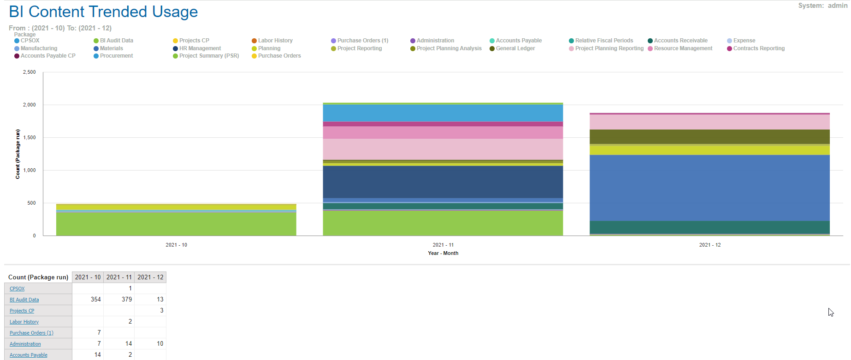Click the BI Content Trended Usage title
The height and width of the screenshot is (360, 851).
[103, 12]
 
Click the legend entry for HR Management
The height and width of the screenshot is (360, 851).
[200, 48]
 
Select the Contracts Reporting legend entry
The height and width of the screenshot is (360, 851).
[758, 48]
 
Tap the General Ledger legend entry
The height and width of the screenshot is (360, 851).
[515, 48]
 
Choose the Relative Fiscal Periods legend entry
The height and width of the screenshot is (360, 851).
[603, 41]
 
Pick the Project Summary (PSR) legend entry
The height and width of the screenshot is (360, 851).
[209, 56]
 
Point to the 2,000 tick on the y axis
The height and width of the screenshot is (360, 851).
[30, 105]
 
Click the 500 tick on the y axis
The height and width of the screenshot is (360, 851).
[31, 203]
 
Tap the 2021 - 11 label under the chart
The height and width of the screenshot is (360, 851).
[443, 245]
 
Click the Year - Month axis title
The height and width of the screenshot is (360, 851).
[443, 253]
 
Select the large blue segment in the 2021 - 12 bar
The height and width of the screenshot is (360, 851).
[709, 188]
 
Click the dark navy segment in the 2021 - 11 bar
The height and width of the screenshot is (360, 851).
[443, 182]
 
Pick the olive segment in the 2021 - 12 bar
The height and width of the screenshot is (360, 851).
[709, 136]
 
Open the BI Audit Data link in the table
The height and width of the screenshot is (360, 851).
[24, 300]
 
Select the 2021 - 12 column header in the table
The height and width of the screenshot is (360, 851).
[150, 277]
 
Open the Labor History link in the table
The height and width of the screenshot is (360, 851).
[24, 322]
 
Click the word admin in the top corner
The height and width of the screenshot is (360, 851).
[837, 6]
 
